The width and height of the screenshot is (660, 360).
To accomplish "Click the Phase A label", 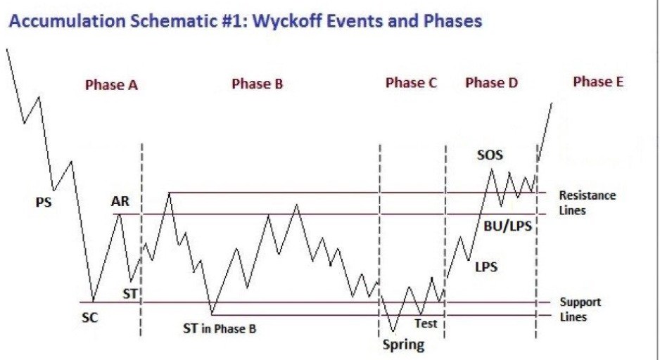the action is click(112, 85).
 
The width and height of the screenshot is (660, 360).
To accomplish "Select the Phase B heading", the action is click(258, 84).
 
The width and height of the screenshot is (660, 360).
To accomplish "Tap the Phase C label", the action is click(411, 83).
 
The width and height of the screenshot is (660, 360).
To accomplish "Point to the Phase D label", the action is click(491, 83).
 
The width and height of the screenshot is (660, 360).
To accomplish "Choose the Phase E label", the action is click(598, 82).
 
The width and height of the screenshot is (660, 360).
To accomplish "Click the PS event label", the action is click(44, 202).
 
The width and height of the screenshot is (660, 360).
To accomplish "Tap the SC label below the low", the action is click(89, 318).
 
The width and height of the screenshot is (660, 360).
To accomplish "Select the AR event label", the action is click(120, 202).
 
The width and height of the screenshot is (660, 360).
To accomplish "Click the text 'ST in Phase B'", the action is click(220, 328).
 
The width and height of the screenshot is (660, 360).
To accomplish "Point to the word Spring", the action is click(403, 345).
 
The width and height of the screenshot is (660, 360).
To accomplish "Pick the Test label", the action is click(426, 323).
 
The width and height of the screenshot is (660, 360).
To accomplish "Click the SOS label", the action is click(490, 155).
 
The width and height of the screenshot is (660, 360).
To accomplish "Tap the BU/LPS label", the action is click(507, 226).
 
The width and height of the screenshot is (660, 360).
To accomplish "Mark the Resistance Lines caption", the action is click(588, 202).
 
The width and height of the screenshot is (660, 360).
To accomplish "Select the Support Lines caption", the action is click(580, 309).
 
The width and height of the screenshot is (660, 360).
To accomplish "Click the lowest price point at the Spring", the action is click(393, 332).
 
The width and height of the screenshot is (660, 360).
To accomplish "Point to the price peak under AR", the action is click(120, 214).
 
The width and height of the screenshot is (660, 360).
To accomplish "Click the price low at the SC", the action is click(93, 302).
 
